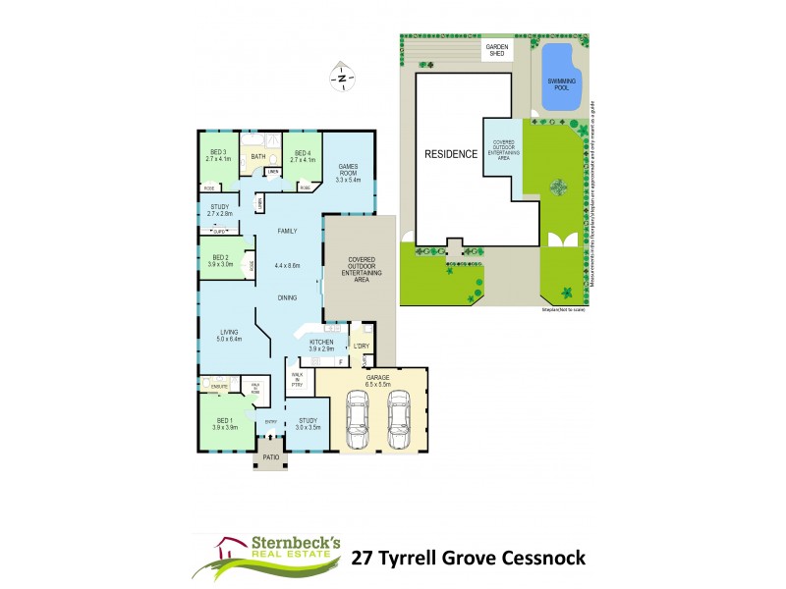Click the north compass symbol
pyautogui.click(x=341, y=76)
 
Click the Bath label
pyautogui.click(x=258, y=156)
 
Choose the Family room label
pyautogui.click(x=287, y=231)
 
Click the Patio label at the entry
pyautogui.click(x=269, y=456)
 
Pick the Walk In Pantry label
pyautogui.click(x=297, y=378)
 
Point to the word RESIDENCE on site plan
pyautogui.click(x=451, y=154)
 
